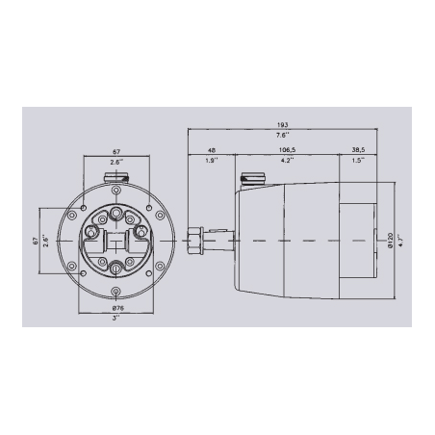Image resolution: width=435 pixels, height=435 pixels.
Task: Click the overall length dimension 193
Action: click(x=283, y=126)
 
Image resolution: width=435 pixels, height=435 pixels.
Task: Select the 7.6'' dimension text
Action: click(x=283, y=136)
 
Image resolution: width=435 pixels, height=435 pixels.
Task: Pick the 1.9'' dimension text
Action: click(x=213, y=161)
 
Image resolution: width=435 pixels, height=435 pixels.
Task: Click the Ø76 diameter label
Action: click(x=115, y=308)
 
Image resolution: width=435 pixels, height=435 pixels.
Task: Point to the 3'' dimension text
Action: click(x=115, y=320)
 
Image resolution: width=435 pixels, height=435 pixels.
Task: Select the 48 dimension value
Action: click(x=213, y=150)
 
